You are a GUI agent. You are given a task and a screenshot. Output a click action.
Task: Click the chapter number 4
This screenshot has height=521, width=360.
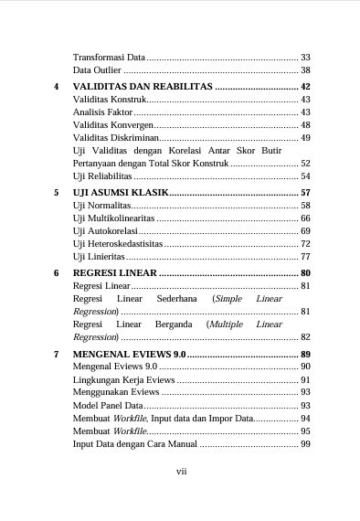(x=57, y=86)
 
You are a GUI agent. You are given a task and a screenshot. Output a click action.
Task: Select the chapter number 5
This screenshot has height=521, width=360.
(x=57, y=193)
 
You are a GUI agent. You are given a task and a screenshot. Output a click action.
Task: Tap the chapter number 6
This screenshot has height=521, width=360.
(x=57, y=273)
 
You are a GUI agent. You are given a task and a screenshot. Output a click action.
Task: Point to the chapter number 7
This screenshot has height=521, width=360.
(x=57, y=353)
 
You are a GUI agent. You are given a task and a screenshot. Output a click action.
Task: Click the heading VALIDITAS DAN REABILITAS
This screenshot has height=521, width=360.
(x=142, y=86)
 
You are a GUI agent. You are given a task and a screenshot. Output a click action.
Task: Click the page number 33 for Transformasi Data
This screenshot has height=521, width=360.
(x=305, y=57)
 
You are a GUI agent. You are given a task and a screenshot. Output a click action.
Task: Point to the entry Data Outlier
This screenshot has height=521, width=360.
(x=96, y=70)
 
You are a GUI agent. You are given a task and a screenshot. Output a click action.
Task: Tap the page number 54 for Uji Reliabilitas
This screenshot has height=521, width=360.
(x=305, y=175)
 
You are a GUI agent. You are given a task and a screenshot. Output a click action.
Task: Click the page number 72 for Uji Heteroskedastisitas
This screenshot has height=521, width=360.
(x=305, y=244)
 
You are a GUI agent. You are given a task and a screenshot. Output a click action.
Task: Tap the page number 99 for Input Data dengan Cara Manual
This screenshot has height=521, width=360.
(x=305, y=443)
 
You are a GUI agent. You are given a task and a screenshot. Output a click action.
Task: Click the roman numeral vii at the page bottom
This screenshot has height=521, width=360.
(x=180, y=472)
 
